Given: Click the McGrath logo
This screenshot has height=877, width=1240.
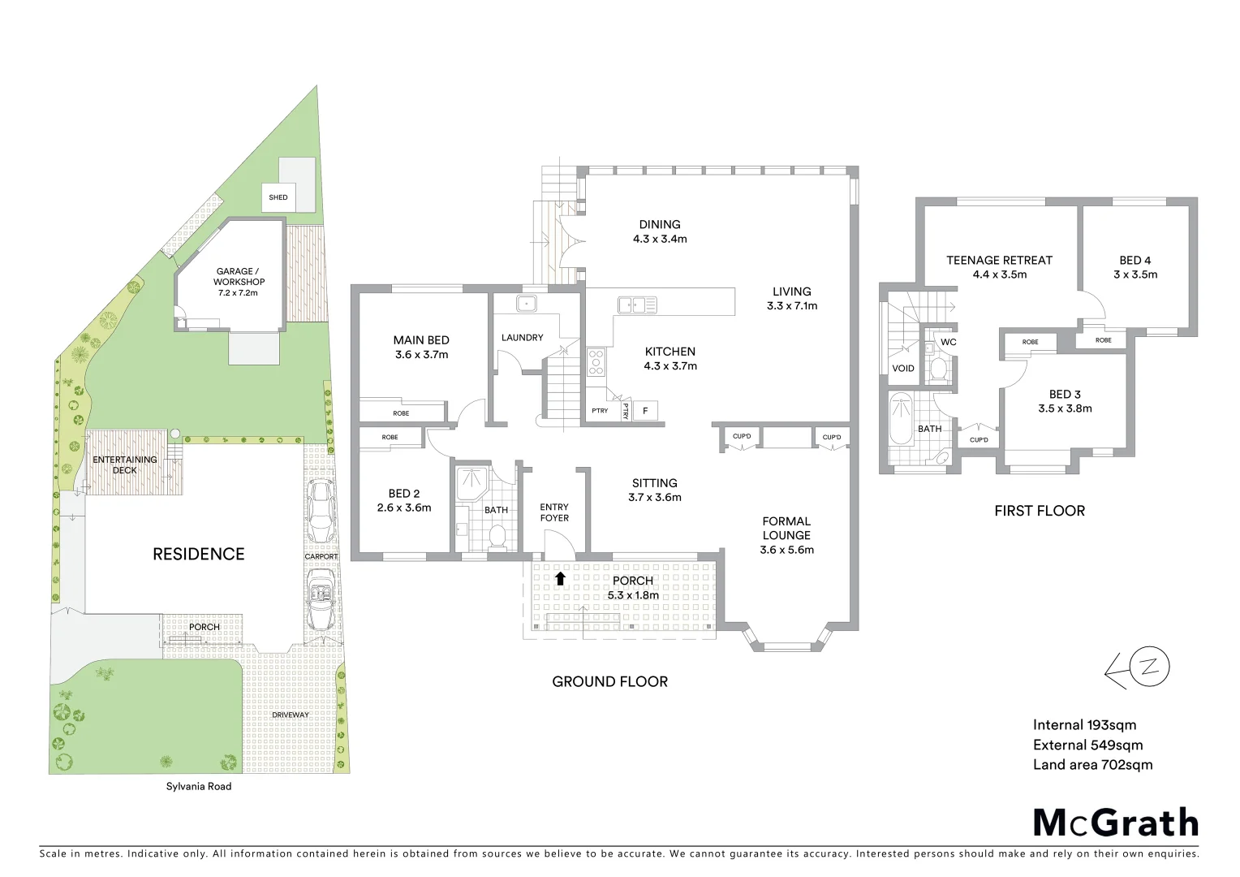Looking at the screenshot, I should [1116, 823].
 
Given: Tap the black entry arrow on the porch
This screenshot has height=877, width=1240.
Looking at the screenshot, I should [560, 578].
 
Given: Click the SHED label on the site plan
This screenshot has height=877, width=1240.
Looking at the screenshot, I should [278, 197].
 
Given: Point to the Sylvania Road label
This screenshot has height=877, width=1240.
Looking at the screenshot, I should [199, 786].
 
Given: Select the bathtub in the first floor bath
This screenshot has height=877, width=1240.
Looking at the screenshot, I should [901, 419].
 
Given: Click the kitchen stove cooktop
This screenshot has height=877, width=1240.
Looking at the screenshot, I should [596, 361].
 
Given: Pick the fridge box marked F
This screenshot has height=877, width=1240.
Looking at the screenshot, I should [646, 411].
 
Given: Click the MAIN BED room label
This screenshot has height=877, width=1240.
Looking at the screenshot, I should [421, 347].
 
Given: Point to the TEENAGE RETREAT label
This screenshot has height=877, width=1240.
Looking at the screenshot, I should [999, 267].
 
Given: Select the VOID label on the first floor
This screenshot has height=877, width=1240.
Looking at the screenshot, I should [903, 368].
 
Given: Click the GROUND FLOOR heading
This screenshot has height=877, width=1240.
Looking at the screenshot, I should [609, 681].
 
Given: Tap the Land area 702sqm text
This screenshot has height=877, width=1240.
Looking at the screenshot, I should [1092, 764].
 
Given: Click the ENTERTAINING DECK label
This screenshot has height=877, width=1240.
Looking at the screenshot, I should [125, 464].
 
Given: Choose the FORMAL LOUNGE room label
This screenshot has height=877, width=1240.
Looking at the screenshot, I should [786, 535].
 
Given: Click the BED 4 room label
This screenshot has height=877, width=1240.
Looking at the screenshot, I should [1135, 267].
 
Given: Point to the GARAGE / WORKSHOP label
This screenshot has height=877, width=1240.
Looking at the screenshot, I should [239, 282].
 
